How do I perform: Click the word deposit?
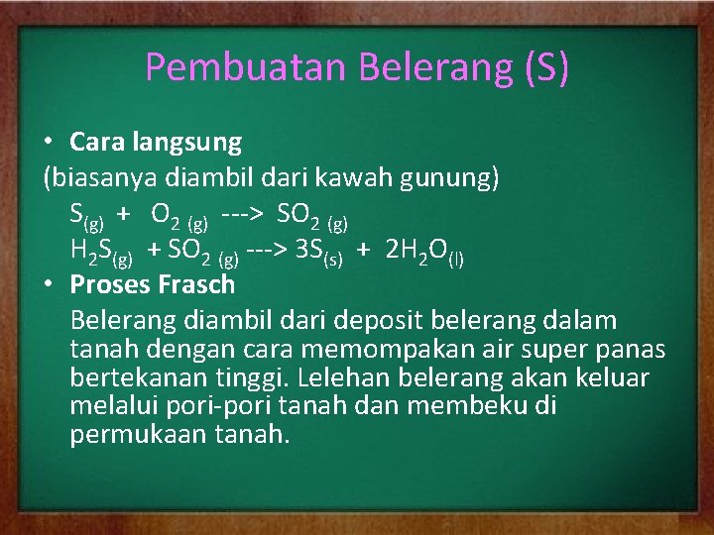(x=372, y=321)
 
